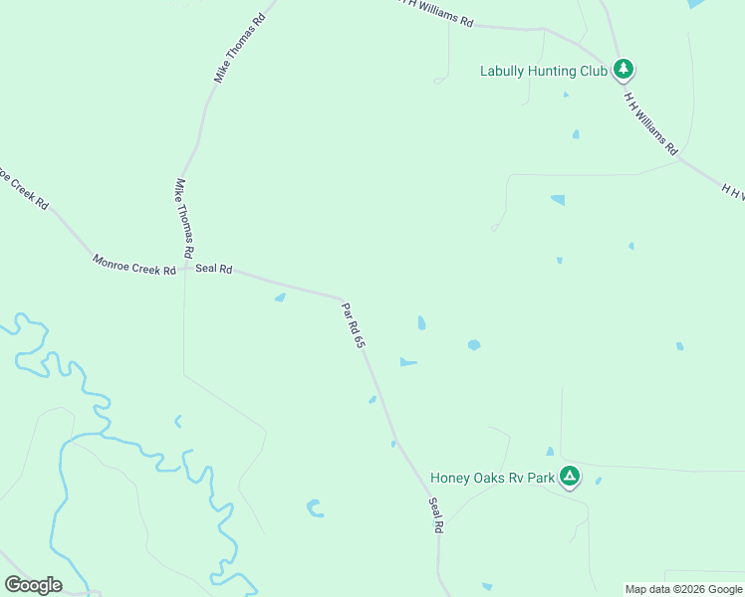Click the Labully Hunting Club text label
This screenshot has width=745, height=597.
click(x=543, y=71)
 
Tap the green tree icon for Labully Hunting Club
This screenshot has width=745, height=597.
click(x=623, y=69)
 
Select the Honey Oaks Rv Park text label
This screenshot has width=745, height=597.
click(x=491, y=478)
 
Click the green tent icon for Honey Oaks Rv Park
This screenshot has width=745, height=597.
click(x=569, y=477)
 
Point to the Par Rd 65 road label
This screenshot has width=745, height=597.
click(x=354, y=325)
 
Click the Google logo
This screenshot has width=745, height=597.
click(x=33, y=585)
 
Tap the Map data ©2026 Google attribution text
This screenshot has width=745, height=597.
click(x=683, y=589)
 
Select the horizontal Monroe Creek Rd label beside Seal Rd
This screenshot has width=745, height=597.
click(x=133, y=264)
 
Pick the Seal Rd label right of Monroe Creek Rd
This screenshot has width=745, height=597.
click(x=213, y=269)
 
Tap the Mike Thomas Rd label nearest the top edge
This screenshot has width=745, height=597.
click(x=240, y=48)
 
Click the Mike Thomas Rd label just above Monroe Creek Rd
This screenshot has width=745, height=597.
click(x=185, y=218)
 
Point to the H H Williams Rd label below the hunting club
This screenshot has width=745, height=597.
click(x=651, y=122)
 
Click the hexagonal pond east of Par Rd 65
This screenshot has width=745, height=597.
click(x=474, y=345)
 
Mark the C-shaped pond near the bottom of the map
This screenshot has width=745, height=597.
click(x=315, y=508)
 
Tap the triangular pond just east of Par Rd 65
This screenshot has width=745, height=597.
click(x=406, y=362)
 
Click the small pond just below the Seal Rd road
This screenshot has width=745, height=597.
click(x=280, y=297)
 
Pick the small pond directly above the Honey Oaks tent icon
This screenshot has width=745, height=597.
click(x=550, y=452)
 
